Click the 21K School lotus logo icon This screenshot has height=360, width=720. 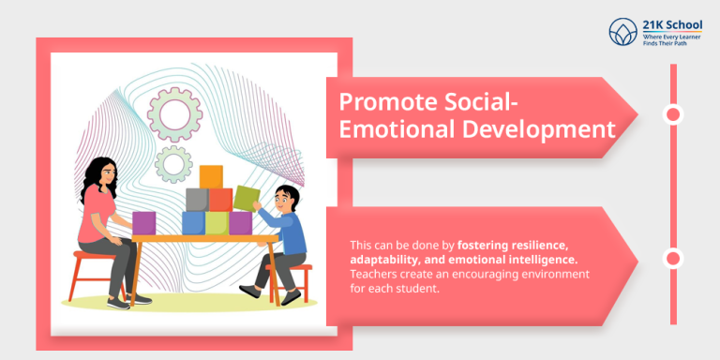tap(622, 33)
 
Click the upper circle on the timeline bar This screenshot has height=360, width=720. tap(672, 115)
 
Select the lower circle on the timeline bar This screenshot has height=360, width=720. tap(672, 259)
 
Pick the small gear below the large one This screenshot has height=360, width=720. tap(173, 165)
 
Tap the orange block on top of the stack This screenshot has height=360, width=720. tap(212, 177)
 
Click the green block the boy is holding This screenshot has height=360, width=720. tap(247, 198)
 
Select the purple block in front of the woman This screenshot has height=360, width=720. tap(144, 222)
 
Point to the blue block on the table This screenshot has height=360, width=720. tap(193, 222)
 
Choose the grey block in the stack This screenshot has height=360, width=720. tap(197, 199)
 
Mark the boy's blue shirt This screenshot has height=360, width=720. tap(292, 233)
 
